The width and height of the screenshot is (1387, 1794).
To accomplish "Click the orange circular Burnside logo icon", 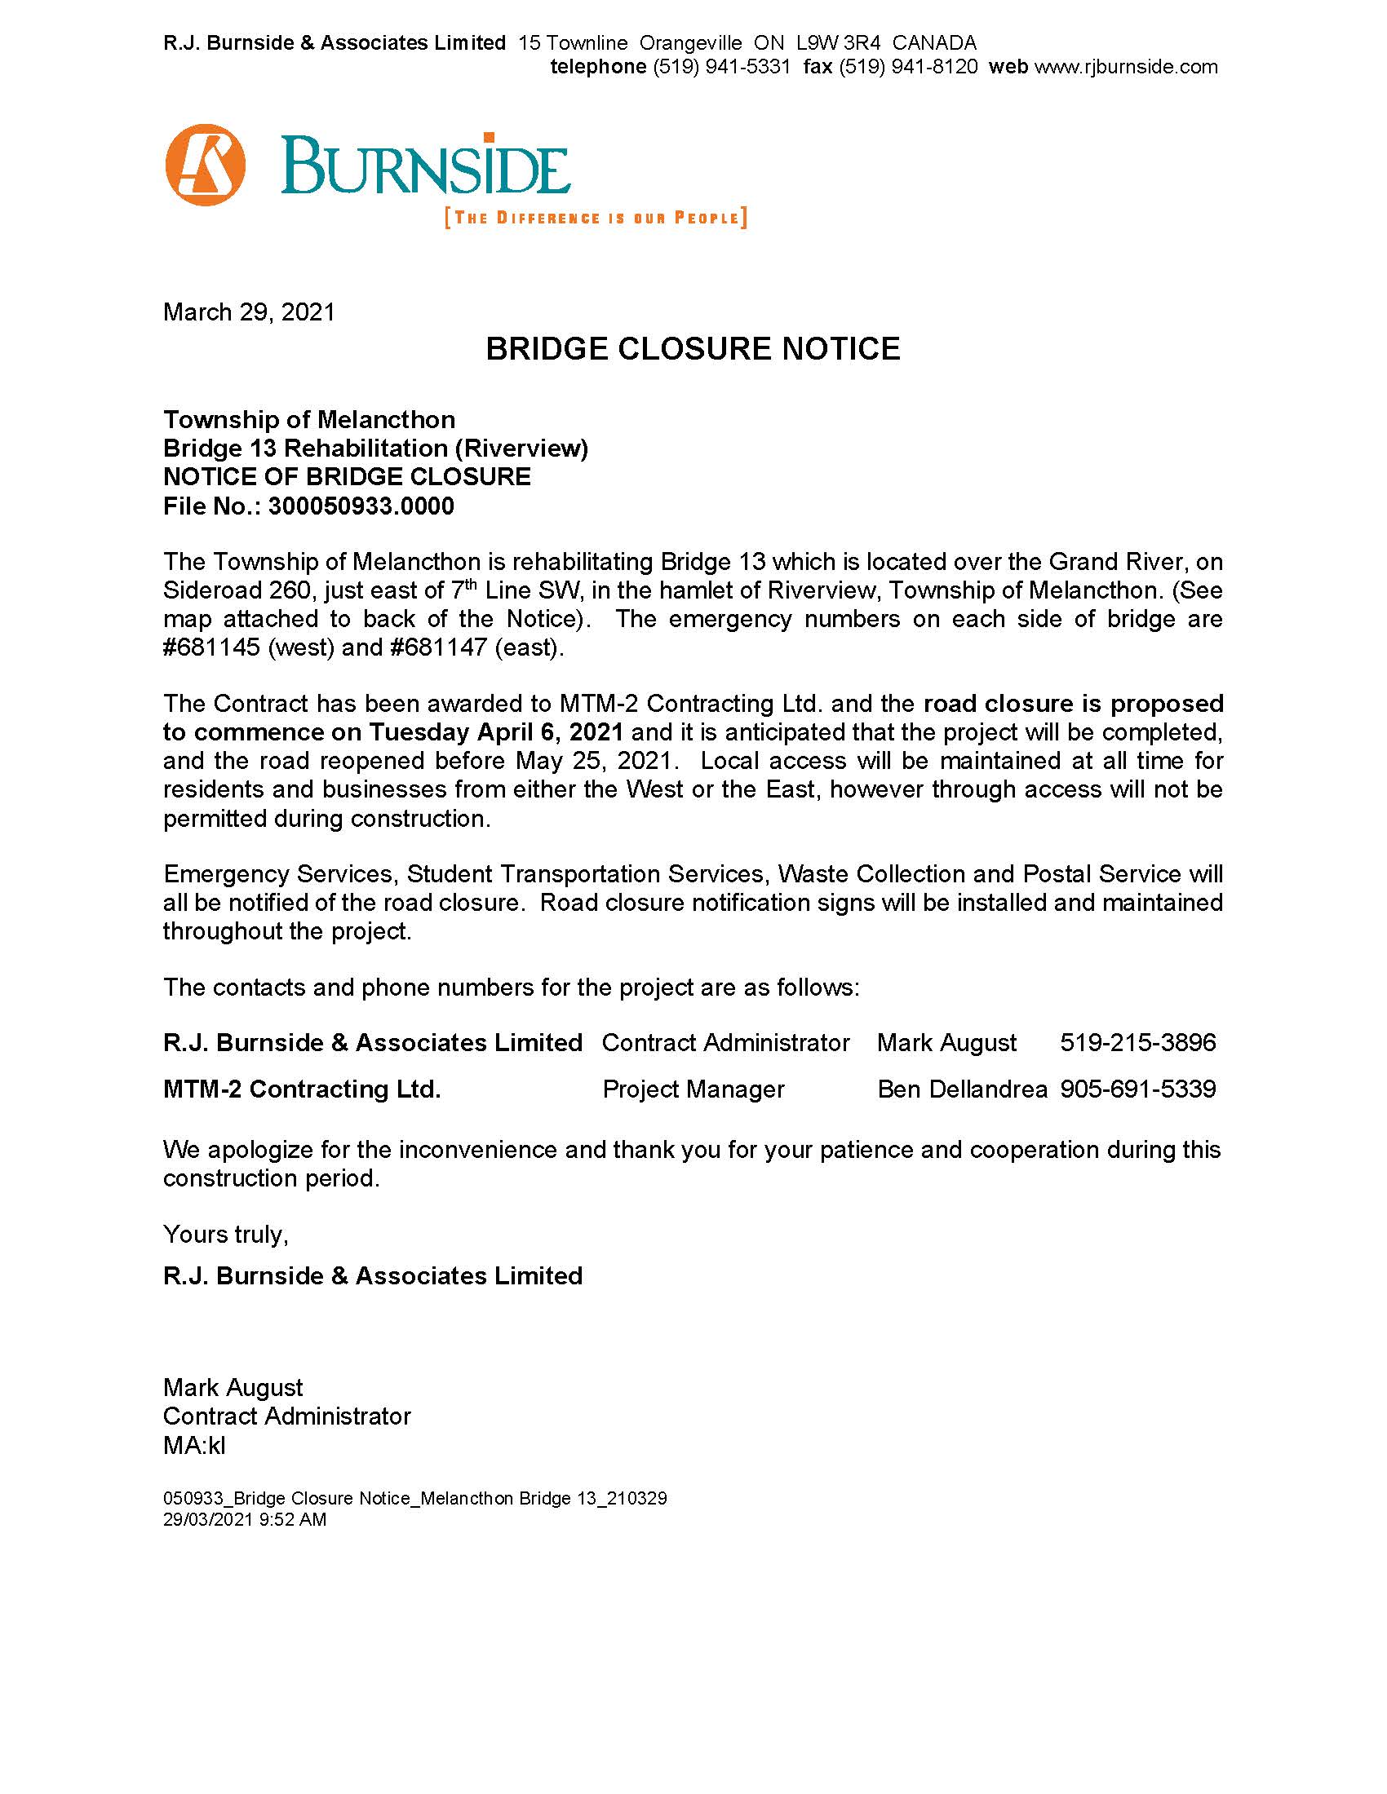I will pyautogui.click(x=206, y=164).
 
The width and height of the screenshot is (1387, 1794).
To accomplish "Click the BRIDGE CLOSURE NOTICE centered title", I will pyautogui.click(x=693, y=349).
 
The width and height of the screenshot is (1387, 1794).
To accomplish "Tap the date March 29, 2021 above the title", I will pyautogui.click(x=249, y=312).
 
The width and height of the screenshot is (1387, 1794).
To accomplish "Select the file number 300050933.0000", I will pyautogui.click(x=361, y=506).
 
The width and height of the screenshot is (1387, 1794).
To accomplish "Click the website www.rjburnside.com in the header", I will pyautogui.click(x=1126, y=67).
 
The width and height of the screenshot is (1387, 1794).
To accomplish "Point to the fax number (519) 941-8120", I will pyautogui.click(x=908, y=67).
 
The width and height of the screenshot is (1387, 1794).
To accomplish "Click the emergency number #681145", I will pyautogui.click(x=211, y=647).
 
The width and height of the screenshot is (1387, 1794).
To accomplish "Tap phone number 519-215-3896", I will pyautogui.click(x=1137, y=1042).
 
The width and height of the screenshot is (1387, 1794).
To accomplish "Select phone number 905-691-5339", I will pyautogui.click(x=1137, y=1089).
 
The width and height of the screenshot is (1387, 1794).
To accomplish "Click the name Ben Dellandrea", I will pyautogui.click(x=962, y=1089).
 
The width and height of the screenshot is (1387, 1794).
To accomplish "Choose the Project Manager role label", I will pyautogui.click(x=693, y=1089).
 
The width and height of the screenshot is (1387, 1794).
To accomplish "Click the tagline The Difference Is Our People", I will pyautogui.click(x=596, y=218).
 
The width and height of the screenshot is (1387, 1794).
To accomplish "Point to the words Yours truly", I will pyautogui.click(x=225, y=1234).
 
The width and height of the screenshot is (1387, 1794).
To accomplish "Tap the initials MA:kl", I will pyautogui.click(x=194, y=1445).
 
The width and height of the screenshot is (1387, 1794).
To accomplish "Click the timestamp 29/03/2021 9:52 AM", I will pyautogui.click(x=244, y=1519).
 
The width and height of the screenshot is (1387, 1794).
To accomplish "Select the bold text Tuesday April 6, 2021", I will pyautogui.click(x=495, y=732).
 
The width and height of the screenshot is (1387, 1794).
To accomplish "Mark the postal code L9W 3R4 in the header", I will pyautogui.click(x=838, y=42).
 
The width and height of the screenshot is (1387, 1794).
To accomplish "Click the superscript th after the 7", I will pyautogui.click(x=471, y=584).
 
